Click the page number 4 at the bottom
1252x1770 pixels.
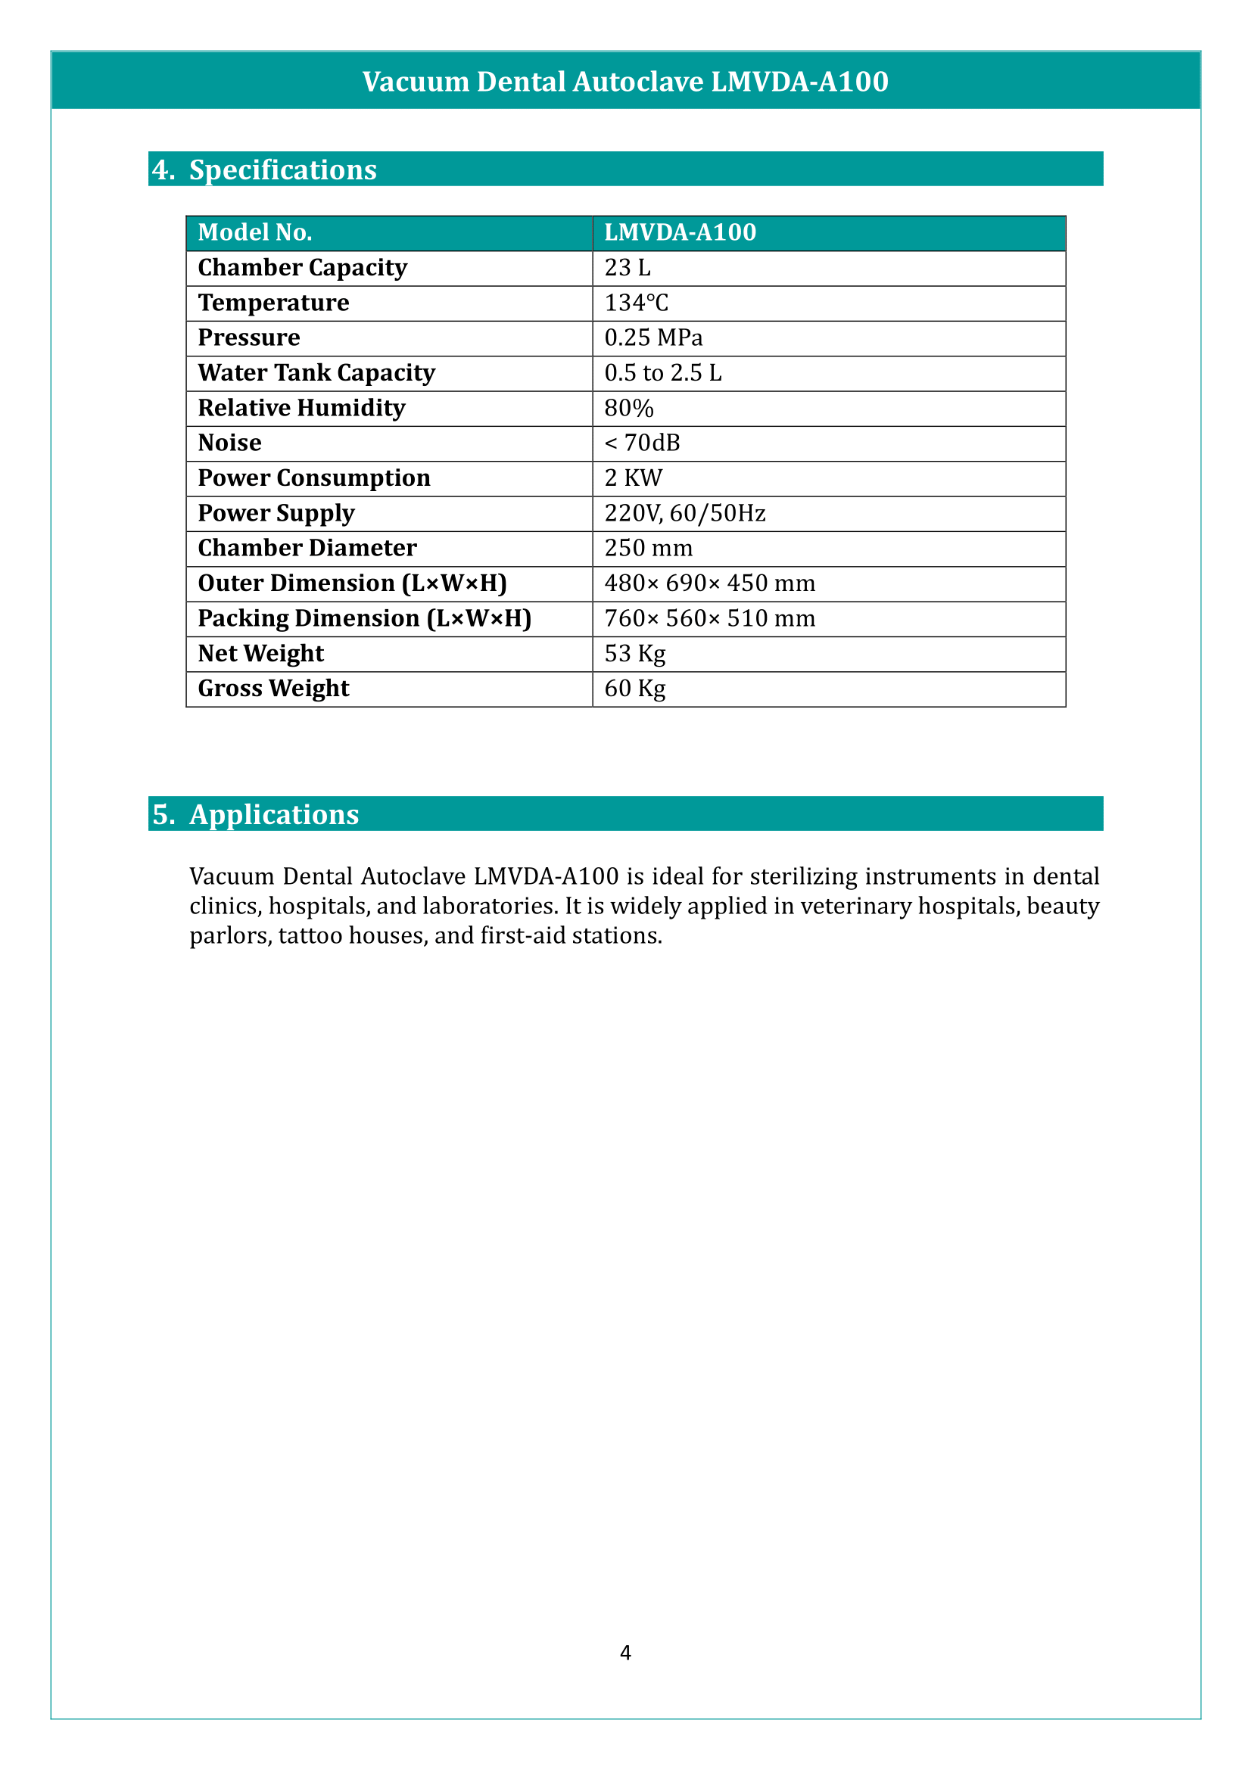pos(625,1652)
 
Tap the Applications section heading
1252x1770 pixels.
pos(274,814)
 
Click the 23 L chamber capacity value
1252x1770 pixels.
pos(628,267)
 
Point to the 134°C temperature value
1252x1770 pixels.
pos(636,303)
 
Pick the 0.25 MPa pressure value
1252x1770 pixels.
pos(653,338)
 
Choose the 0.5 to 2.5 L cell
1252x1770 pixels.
pos(663,373)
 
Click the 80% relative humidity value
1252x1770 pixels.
pos(628,408)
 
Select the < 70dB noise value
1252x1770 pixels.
pos(642,443)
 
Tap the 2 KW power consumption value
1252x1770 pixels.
pos(633,478)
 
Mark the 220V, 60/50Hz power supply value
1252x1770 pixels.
pos(684,513)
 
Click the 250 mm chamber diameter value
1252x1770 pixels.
pos(649,548)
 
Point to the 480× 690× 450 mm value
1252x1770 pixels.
pos(709,583)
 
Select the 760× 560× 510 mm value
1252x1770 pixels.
pos(709,618)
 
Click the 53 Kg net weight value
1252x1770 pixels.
pos(634,654)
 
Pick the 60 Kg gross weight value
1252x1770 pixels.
pos(634,689)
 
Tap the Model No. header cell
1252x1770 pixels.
pos(254,232)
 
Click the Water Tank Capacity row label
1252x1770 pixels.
pos(316,373)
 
